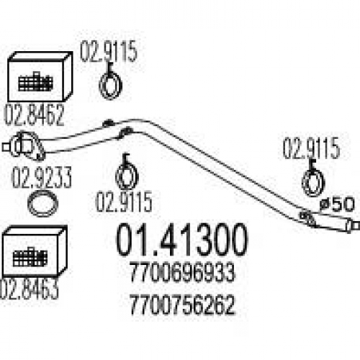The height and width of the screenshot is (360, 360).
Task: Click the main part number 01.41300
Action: tap(181, 240)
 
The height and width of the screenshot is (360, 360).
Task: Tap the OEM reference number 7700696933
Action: tap(181, 273)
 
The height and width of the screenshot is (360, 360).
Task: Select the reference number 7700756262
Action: tap(182, 305)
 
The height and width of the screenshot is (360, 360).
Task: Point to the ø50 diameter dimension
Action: tap(337, 204)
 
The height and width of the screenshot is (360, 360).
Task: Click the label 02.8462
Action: tap(34, 115)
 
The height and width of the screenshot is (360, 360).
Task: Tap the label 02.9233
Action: tap(42, 177)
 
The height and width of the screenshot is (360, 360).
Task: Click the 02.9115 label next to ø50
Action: tap(311, 148)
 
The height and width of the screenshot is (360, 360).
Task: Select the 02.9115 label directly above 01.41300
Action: tap(124, 201)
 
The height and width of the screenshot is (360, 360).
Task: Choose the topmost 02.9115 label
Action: tap(109, 51)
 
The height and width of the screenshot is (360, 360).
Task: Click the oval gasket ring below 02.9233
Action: tap(43, 204)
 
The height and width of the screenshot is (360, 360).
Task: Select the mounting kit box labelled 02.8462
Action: tap(40, 77)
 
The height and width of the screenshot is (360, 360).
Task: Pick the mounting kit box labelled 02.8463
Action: tap(34, 251)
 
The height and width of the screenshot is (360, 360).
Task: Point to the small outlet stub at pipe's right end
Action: tap(353, 225)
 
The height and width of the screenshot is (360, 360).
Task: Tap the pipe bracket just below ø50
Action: tap(307, 218)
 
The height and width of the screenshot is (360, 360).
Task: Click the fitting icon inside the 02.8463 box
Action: tap(30, 257)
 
